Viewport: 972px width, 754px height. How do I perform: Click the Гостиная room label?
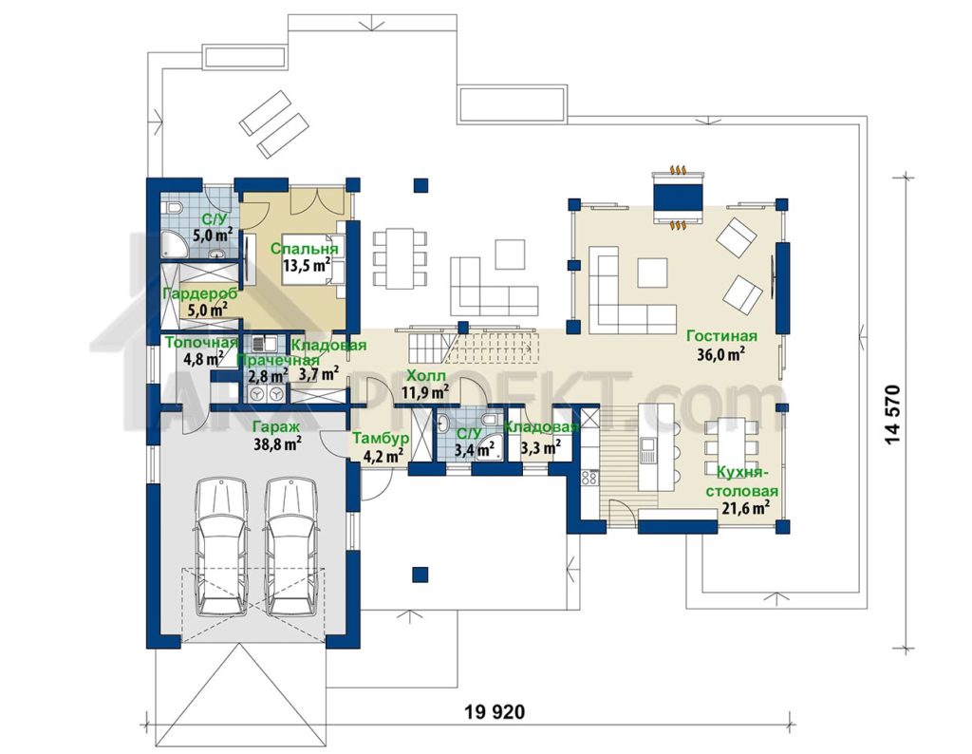(x=721, y=336)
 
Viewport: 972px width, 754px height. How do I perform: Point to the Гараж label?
(x=278, y=425)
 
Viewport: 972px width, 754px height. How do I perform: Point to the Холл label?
(x=424, y=375)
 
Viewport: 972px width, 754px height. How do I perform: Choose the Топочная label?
(x=200, y=343)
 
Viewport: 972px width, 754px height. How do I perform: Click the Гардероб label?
(x=199, y=293)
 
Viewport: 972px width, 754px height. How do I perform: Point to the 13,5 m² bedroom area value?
(x=306, y=265)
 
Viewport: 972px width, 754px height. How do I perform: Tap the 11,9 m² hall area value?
(x=424, y=391)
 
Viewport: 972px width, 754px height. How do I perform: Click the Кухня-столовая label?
(x=748, y=482)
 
